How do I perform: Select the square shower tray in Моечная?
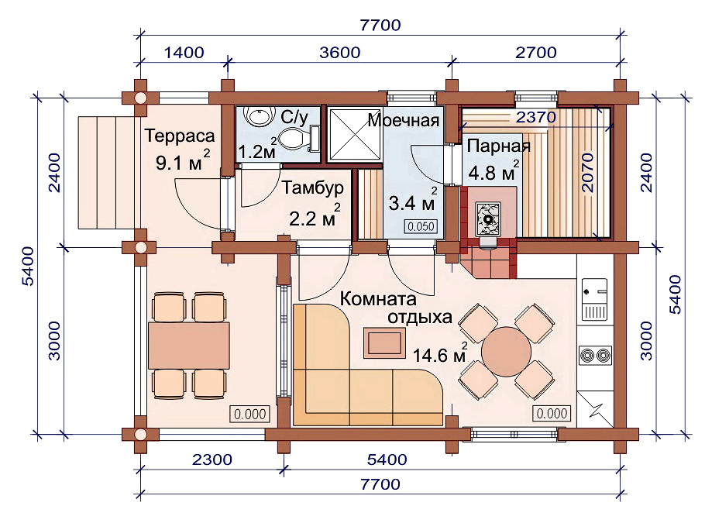click(x=355, y=133)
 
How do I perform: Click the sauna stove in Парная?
click(x=489, y=219)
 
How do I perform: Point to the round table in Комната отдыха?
click(x=506, y=352)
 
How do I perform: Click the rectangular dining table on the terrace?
click(x=189, y=346)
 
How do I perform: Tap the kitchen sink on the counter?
click(x=595, y=299)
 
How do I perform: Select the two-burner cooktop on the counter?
click(x=595, y=356)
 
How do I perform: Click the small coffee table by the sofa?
click(x=384, y=343)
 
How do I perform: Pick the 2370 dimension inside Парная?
click(x=536, y=117)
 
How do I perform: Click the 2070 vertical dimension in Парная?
click(x=587, y=172)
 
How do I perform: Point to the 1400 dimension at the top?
click(x=184, y=53)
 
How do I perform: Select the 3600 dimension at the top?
click(x=340, y=53)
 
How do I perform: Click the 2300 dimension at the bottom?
click(x=212, y=459)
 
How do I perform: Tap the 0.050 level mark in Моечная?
click(x=421, y=226)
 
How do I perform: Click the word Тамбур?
click(x=313, y=188)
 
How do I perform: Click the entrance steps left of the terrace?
click(x=106, y=172)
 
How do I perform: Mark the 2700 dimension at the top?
click(x=536, y=53)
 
